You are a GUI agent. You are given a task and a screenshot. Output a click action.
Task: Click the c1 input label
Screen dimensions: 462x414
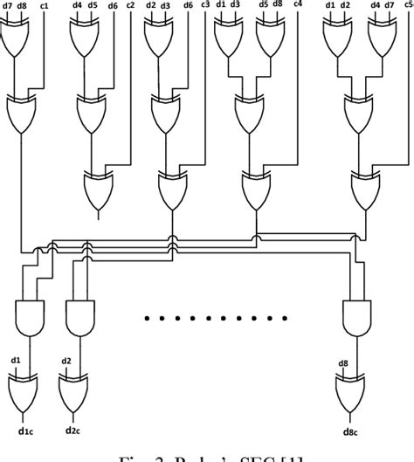point(43,7)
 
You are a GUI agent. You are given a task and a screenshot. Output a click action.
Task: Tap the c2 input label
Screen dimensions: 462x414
point(130,7)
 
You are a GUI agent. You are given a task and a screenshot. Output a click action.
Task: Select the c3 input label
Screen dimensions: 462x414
point(205,7)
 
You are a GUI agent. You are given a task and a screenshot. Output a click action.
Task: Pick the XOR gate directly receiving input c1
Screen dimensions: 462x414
point(24,112)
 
